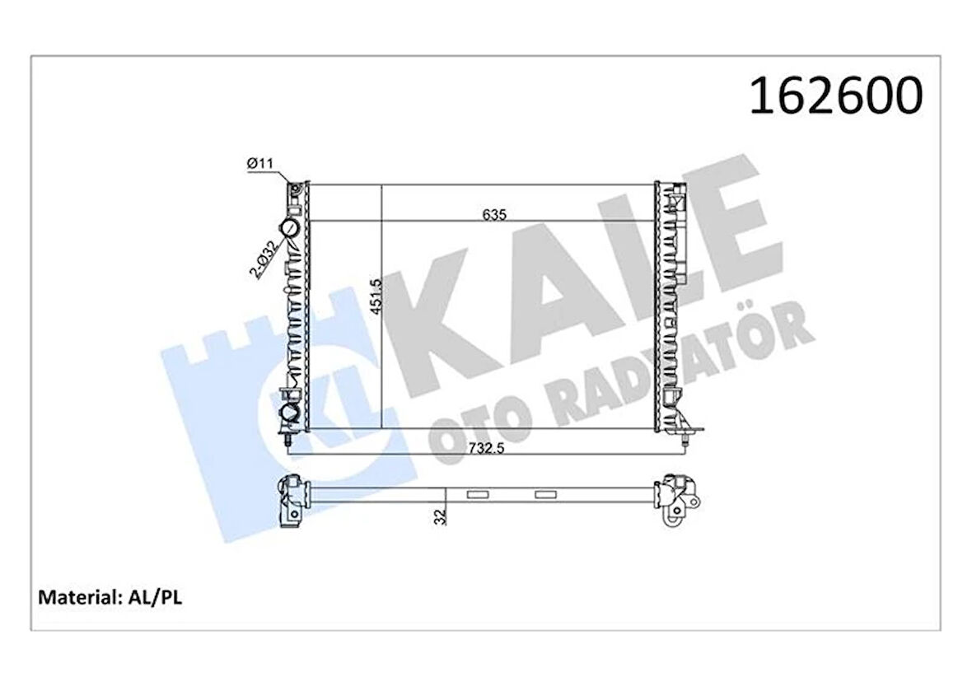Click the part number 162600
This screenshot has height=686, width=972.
click(x=834, y=96)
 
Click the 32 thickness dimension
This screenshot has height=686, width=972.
click(x=442, y=517)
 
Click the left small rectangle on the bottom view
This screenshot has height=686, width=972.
click(x=477, y=495)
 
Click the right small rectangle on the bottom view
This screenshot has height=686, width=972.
click(x=545, y=495)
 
